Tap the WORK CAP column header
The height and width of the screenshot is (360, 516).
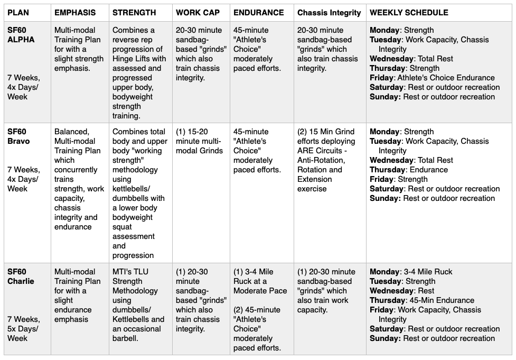tap(198, 12)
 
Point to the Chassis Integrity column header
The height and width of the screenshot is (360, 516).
tap(329, 13)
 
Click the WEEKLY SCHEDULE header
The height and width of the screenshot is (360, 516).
tap(409, 12)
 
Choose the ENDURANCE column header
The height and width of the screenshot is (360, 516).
tap(259, 12)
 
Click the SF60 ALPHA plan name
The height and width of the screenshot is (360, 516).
tap(21, 35)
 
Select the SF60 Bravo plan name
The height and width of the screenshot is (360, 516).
tap(18, 136)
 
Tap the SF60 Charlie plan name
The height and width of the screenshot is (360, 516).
tap(21, 276)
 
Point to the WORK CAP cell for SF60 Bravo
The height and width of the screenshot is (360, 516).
tap(200, 141)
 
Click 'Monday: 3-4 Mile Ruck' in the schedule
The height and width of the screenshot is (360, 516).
tap(411, 272)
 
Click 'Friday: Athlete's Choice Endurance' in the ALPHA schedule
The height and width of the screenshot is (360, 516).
tap(432, 78)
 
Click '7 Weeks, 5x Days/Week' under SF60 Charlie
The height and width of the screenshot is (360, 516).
tap(23, 329)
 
